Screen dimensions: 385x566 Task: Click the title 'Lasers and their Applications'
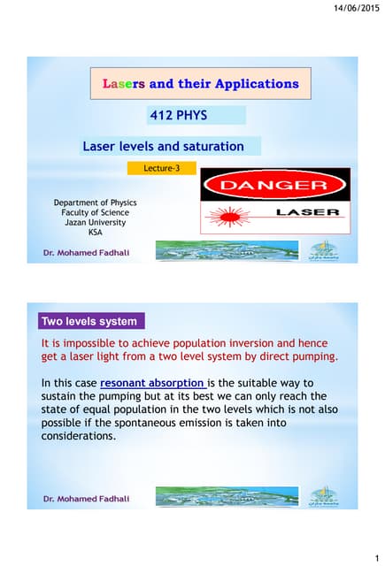pos(201,84)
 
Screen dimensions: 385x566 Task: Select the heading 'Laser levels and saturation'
pos(164,146)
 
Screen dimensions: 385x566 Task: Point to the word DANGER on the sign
pos(274,187)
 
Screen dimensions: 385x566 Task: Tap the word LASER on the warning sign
pos(307,212)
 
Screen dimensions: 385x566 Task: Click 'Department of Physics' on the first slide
pos(95,203)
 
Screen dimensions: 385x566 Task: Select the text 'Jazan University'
pos(95,222)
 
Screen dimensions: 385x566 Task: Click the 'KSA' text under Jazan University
pos(95,232)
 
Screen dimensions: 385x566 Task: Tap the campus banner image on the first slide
pos(227,250)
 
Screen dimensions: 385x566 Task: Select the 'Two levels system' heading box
pos(91,321)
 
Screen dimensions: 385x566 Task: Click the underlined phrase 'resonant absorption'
pos(153,383)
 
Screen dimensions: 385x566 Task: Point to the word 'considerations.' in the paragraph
pos(79,436)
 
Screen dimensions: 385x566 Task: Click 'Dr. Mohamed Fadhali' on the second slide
pos(87,499)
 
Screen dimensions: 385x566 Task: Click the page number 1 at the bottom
pos(376,557)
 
